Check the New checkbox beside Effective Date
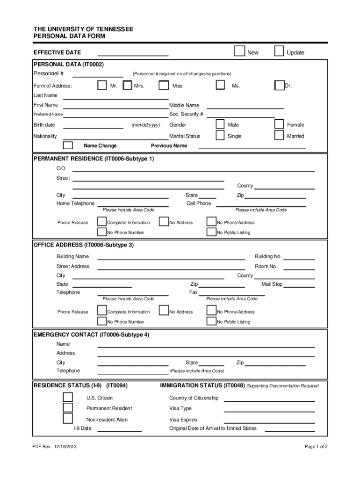click(239, 51)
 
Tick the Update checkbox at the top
click(279, 51)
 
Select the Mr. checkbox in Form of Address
click(101, 85)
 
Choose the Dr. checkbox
click(279, 85)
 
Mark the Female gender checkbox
click(279, 124)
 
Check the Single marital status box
click(220, 135)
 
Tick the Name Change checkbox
click(68, 145)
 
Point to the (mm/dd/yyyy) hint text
click(146, 125)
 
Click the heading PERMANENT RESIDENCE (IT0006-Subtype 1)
click(94, 159)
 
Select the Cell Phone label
click(199, 203)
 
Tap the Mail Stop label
click(272, 284)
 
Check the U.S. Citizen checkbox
click(68, 397)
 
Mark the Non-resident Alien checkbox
click(68, 419)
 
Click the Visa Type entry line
click(269, 411)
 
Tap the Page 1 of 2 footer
click(316, 447)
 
